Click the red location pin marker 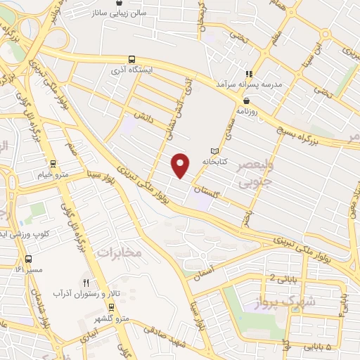[181, 166]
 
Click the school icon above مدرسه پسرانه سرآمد [247, 73]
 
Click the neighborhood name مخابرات [120, 252]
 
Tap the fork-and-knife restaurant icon [86, 281]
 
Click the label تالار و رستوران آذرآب [81, 292]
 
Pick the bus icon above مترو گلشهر [111, 307]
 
